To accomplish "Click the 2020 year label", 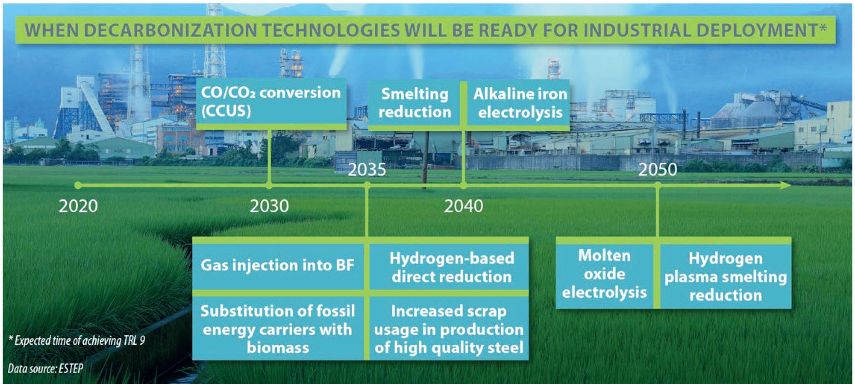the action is (x=78, y=206).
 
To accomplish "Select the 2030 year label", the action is (x=269, y=206).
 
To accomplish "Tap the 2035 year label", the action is (x=367, y=170).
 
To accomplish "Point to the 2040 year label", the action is (x=463, y=206).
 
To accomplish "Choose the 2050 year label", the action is (x=657, y=170).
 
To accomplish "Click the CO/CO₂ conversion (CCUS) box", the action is (x=271, y=104).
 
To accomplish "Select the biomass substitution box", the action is (x=278, y=328).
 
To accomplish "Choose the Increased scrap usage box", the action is (x=449, y=328).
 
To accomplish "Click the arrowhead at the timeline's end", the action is (x=785, y=186).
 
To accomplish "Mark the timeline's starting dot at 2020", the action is (x=78, y=186).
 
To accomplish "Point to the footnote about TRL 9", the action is (x=77, y=340).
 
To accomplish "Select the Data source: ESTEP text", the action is (x=45, y=369).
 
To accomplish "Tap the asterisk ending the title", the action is (x=822, y=27).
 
